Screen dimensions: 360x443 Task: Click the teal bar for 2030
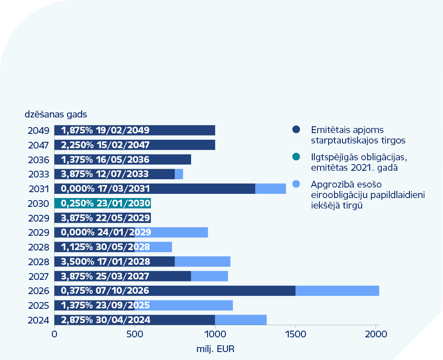pos(102,203)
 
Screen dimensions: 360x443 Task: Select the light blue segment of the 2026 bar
pos(337,291)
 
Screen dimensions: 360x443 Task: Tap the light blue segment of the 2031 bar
pos(270,189)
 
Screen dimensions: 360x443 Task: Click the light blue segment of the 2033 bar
pos(179,174)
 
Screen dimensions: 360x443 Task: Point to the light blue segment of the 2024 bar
pos(241,320)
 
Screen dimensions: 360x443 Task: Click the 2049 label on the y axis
pos(39,130)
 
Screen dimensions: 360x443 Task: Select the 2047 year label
pos(39,145)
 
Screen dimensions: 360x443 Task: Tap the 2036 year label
pos(39,160)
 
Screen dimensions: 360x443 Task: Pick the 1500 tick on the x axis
pos(295,334)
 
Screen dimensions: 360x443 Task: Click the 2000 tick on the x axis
pos(376,334)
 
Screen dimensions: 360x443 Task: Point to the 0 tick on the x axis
pos(54,334)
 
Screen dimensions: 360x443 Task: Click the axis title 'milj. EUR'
pos(215,349)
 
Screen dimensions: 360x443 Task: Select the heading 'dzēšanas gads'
pos(55,114)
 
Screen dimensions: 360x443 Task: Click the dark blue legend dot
pos(296,130)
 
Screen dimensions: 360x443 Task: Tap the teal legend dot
pos(296,157)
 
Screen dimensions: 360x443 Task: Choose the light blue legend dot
pos(296,184)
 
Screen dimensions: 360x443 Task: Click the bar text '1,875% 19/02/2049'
pos(105,130)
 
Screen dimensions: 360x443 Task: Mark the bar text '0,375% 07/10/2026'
pos(105,291)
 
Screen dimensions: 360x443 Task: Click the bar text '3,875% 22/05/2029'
pos(106,218)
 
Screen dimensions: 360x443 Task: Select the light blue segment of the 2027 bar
pos(209,276)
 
